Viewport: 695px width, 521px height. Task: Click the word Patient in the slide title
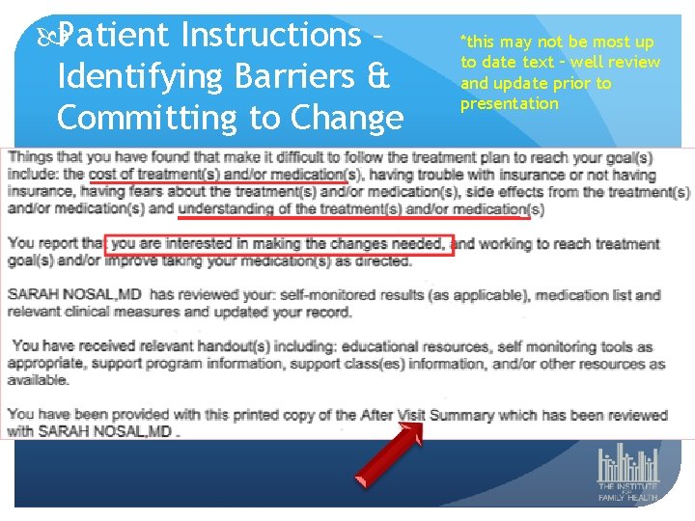115,36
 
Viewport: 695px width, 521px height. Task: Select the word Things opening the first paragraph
31,157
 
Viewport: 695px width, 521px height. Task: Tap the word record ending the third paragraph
329,313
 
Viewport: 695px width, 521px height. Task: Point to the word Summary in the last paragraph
461,415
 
